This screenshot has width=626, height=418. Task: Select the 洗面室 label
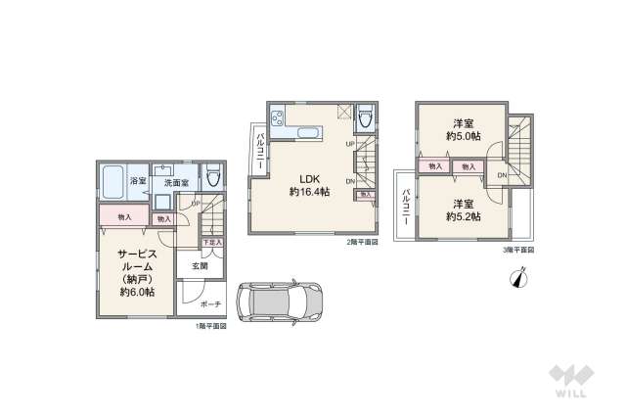tap(176, 183)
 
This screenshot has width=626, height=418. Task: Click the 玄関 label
tap(199, 265)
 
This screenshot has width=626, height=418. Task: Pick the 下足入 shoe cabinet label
tap(210, 241)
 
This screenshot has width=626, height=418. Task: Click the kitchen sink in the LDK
tap(304, 132)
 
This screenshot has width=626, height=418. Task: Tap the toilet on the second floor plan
tap(365, 119)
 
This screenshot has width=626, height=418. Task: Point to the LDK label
tap(309, 177)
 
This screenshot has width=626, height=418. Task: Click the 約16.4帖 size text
tap(309, 193)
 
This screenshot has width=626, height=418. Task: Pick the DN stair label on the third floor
tap(502, 175)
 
